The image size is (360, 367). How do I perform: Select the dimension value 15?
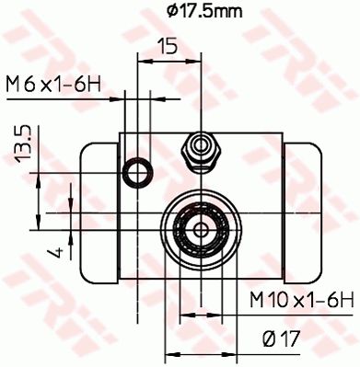pyautogui.click(x=167, y=46)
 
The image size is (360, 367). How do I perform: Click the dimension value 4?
pyautogui.click(x=56, y=250)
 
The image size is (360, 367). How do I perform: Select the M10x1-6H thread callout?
pyautogui.click(x=302, y=298)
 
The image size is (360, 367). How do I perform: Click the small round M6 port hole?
pyautogui.click(x=139, y=170)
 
